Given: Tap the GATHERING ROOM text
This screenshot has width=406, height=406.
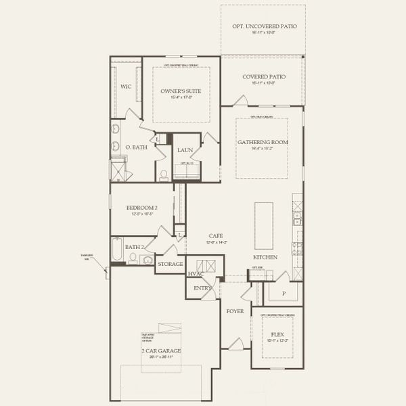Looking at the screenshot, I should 262,142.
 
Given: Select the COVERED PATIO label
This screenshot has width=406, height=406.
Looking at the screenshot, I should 264,76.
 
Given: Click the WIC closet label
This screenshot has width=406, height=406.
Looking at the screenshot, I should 126,87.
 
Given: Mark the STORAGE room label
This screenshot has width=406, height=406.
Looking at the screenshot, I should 170,264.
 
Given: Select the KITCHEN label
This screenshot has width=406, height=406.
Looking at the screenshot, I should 263,258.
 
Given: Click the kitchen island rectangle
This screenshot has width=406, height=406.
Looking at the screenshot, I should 263,225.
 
